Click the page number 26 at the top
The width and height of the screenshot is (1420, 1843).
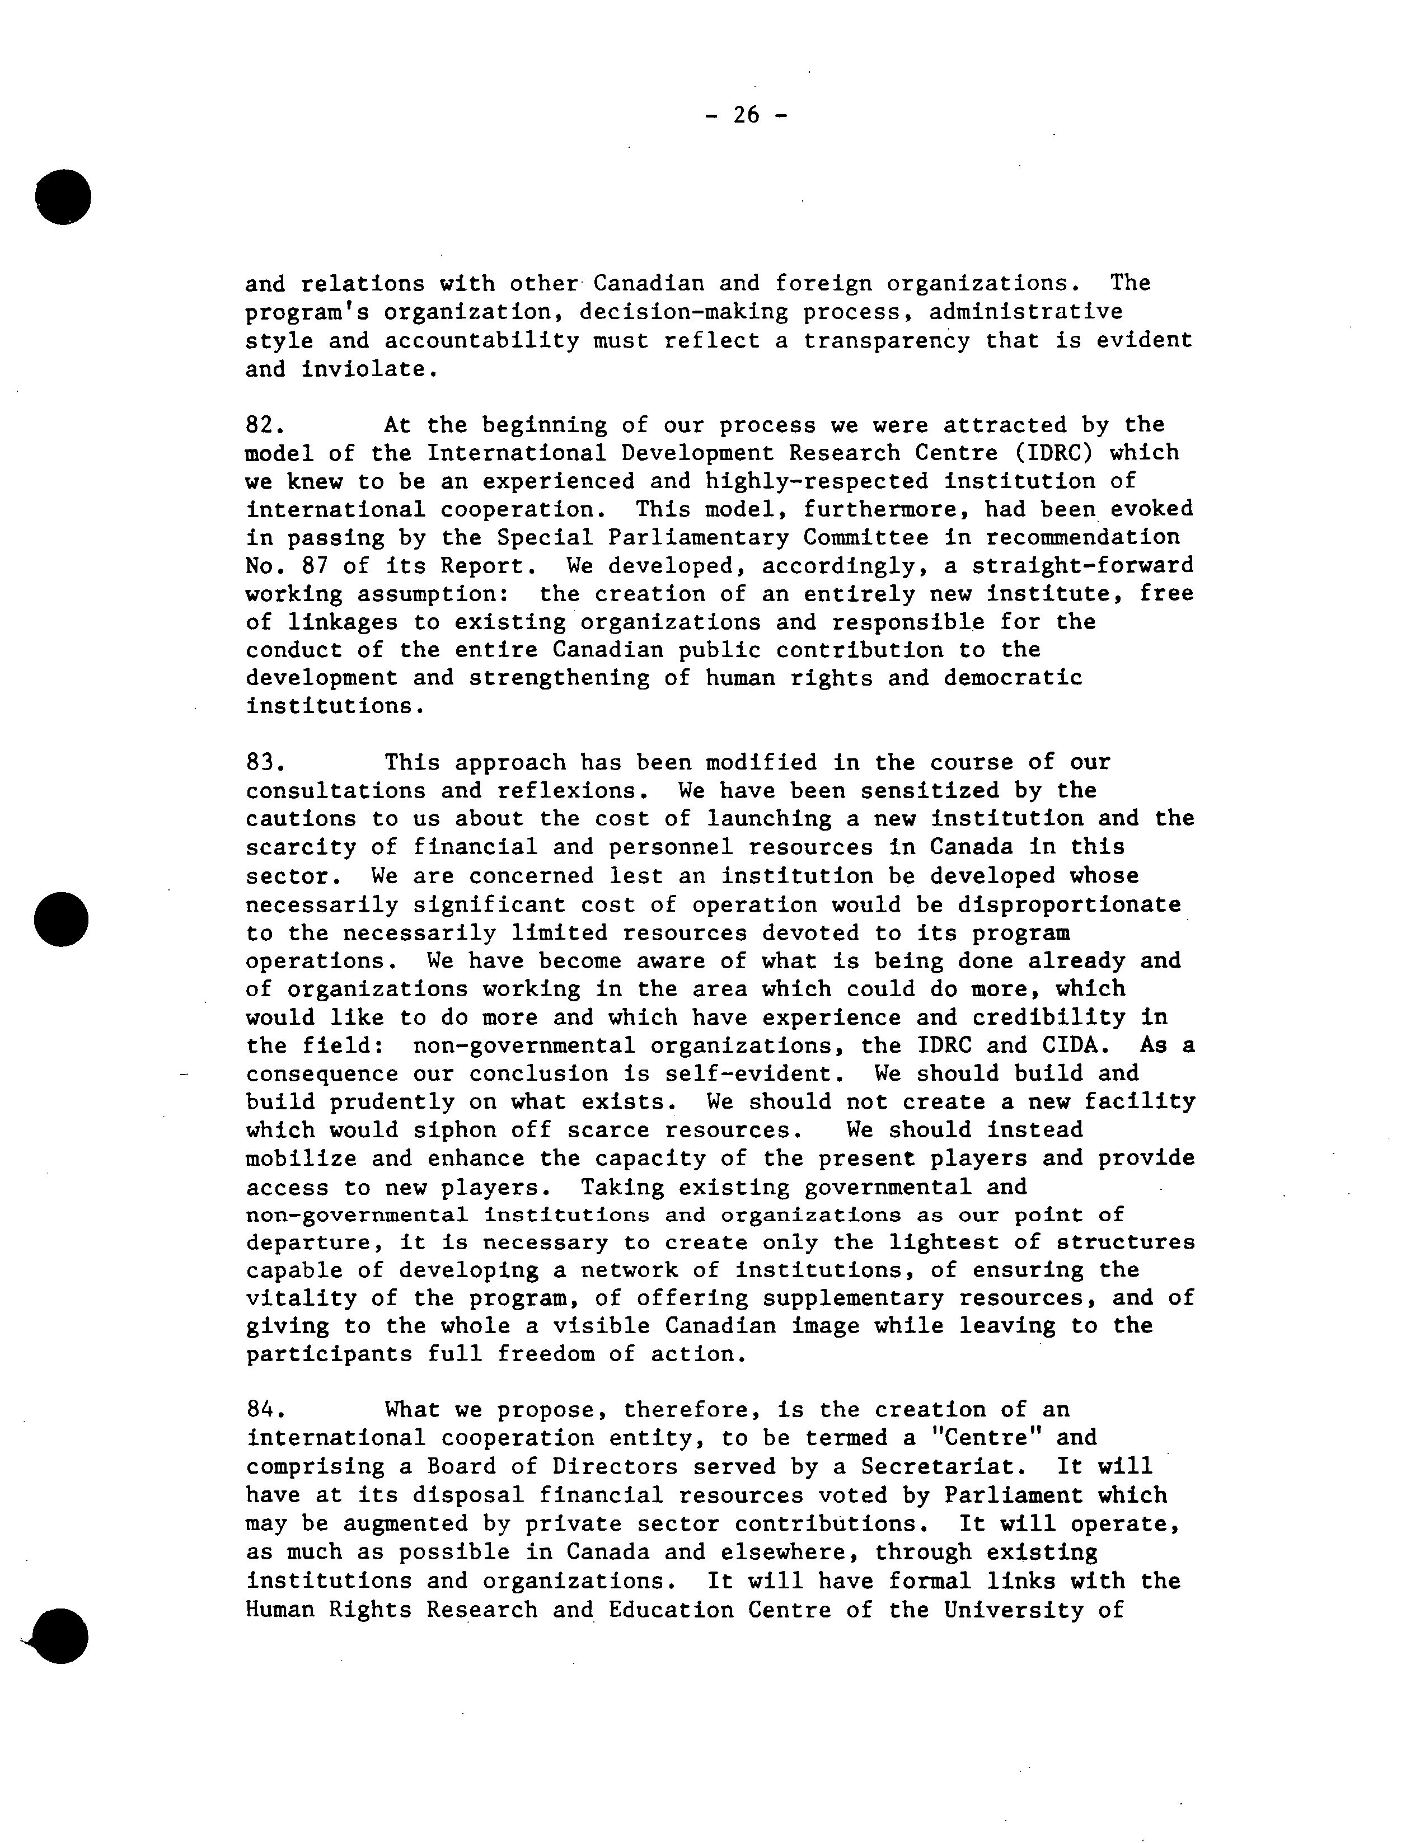[x=746, y=115]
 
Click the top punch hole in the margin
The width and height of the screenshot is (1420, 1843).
[x=63, y=196]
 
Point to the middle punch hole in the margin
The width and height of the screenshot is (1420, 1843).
[x=62, y=918]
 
